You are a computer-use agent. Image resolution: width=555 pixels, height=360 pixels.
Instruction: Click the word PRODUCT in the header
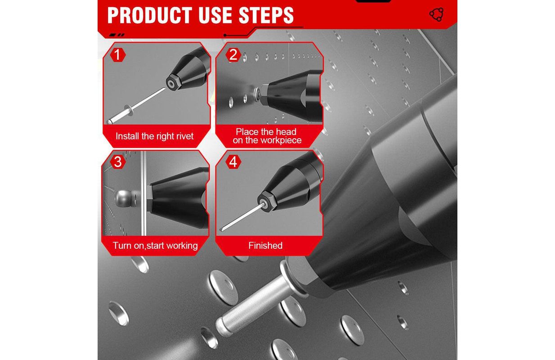click(150, 15)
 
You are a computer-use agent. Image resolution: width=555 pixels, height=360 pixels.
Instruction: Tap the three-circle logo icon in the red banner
click(437, 14)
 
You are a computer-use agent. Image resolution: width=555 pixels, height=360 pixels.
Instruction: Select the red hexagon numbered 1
click(118, 55)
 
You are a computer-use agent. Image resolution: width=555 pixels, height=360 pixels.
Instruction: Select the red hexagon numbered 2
click(233, 55)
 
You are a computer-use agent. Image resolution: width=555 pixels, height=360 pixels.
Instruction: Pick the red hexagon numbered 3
click(118, 162)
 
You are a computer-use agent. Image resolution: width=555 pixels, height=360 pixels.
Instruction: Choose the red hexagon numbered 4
click(233, 162)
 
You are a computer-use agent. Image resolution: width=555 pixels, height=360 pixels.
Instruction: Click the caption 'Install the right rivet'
click(155, 136)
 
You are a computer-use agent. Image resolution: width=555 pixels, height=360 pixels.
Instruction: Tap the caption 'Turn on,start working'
click(155, 245)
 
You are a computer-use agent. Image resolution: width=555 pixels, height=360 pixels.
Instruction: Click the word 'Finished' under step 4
click(265, 245)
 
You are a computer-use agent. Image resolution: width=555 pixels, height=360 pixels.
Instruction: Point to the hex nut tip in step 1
click(171, 83)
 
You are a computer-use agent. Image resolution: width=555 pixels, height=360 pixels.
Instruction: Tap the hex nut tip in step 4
click(264, 202)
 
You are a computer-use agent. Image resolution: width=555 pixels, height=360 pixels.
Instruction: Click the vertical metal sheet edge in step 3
click(143, 193)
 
